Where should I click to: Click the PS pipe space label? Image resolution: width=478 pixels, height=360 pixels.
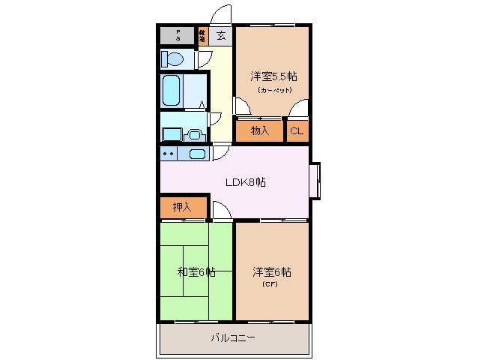pos(178,35)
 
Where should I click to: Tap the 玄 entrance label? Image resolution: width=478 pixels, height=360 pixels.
pos(221,35)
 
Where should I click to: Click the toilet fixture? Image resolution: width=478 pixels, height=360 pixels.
pos(173,59)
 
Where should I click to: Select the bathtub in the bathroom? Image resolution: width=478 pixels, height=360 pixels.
pos(172,91)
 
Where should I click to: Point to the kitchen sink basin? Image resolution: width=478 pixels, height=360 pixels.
pos(197,154)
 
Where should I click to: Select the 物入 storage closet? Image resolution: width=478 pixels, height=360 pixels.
pos(259,131)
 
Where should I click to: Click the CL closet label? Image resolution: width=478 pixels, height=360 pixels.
pos(297,131)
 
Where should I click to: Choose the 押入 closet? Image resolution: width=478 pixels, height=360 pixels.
pos(181,207)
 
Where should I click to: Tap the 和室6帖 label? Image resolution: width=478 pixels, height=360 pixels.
pos(196,271)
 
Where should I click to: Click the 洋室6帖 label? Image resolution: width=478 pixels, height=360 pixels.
pos(271,271)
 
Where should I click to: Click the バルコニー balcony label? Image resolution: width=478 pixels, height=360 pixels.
pos(232,338)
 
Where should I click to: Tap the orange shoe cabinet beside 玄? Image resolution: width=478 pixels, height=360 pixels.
pos(202,35)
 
